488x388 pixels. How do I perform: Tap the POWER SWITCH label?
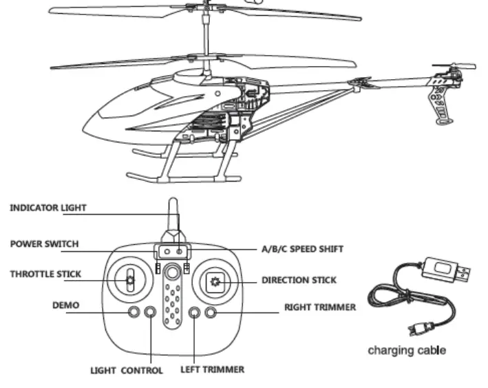click(44, 244)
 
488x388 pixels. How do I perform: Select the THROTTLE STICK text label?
click(45, 274)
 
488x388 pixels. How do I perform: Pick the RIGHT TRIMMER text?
click(320, 308)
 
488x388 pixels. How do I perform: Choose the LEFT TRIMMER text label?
click(212, 369)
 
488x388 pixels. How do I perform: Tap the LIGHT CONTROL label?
click(127, 370)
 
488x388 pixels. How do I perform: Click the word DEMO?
click(65, 303)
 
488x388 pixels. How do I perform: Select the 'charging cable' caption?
click(406, 350)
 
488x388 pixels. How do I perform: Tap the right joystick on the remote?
click(216, 281)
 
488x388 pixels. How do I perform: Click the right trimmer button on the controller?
click(211, 314)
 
